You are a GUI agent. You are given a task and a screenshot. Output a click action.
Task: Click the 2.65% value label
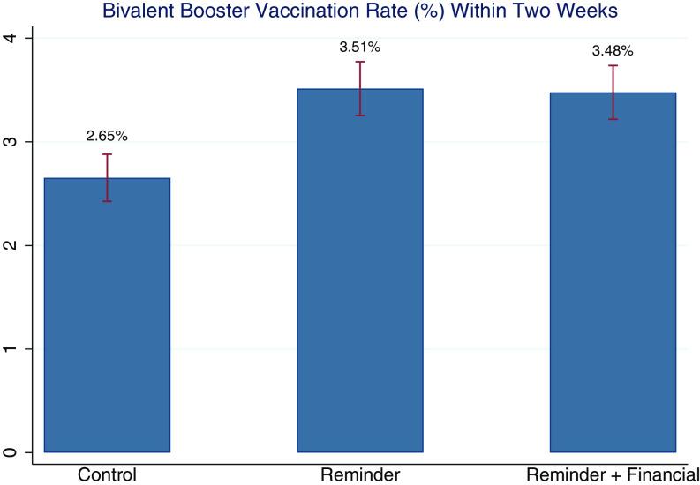point(107,137)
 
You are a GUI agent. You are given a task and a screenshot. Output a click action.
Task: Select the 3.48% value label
point(613,51)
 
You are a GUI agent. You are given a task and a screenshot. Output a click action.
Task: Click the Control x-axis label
point(107,474)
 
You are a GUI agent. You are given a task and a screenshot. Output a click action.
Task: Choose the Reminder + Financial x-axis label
point(613,474)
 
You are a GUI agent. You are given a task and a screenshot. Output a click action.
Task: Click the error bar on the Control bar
point(107,177)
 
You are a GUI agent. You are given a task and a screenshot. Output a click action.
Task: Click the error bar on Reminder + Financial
point(613,92)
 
